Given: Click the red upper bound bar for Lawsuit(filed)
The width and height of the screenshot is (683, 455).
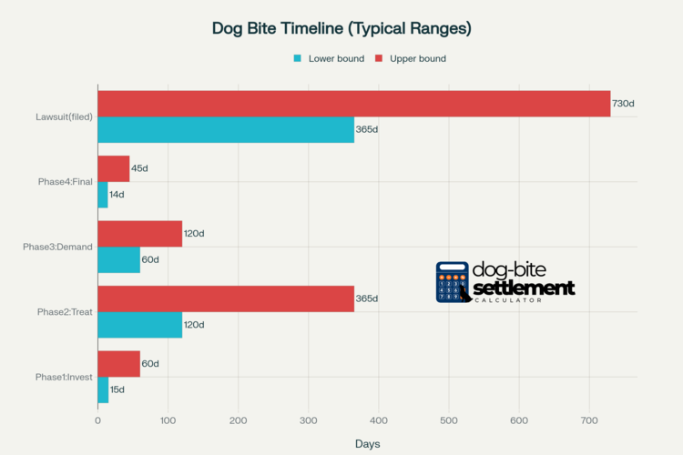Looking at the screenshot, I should pos(353,104).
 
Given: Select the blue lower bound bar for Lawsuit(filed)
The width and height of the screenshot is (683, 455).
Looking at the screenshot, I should pos(226,129).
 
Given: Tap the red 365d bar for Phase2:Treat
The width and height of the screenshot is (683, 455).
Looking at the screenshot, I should pos(226,298).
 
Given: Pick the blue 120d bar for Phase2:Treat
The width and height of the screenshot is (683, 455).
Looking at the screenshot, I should pos(139,325).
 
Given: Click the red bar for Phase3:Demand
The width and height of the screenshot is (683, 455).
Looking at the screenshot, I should pos(139,234).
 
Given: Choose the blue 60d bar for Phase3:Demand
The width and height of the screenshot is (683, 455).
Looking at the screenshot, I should pos(118,259).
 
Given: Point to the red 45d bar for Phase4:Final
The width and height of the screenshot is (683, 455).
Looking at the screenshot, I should pos(113,168).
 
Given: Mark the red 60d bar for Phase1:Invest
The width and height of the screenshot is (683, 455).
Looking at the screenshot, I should pos(118,364).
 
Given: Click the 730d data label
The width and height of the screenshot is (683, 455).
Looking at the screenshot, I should pos(623,104).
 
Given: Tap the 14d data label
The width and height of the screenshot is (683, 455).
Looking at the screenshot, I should pos(117,195).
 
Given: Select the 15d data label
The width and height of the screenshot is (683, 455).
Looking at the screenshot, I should pos(117,389).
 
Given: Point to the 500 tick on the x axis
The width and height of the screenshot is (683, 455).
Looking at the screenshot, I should pos(449,420).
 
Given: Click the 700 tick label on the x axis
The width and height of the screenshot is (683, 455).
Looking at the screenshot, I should pos(589,420).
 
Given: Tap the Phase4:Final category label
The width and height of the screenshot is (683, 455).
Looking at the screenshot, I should pos(66,182).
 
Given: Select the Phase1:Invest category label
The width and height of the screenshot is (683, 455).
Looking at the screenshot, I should pos(64,377).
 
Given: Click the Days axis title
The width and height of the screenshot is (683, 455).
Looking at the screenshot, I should pos(368,444).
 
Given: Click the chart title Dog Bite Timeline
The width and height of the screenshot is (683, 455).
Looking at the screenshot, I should pos(341,28).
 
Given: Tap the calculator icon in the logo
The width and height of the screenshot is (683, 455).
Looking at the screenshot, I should pos(453,282).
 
